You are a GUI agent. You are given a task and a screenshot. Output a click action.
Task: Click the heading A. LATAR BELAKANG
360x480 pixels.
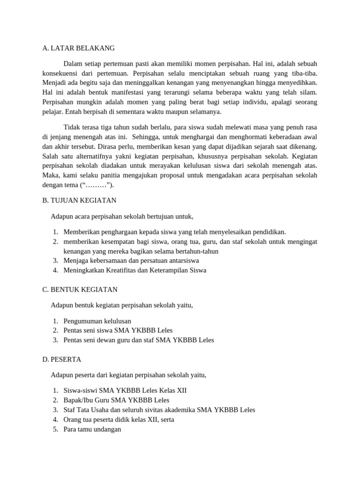point(78,48)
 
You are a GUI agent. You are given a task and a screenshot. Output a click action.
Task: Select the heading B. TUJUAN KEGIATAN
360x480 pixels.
point(79,200)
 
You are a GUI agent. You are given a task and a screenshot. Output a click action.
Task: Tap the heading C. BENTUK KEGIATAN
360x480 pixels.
point(80,290)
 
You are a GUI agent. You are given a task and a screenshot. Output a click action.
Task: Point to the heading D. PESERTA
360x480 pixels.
point(61,360)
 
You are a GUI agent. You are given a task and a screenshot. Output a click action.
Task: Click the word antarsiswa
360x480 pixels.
point(180,261)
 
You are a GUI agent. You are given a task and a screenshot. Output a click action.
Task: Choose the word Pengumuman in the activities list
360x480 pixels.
point(84,321)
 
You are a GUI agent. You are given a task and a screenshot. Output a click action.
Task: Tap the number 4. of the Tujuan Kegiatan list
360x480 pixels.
point(55,270)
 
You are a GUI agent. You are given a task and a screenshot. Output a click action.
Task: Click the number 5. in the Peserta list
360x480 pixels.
point(55,429)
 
